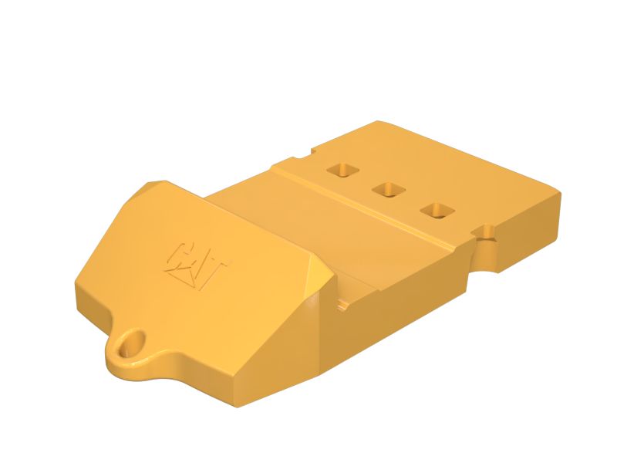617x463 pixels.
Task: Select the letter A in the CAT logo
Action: (x=198, y=263)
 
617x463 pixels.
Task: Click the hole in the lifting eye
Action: (x=132, y=342)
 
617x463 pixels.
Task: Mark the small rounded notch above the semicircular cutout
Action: (x=487, y=230)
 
